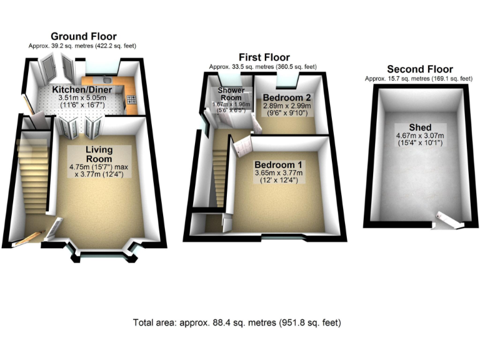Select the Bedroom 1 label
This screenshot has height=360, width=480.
click(x=278, y=165)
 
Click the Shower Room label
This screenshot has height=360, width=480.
click(x=231, y=94)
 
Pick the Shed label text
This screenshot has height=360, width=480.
click(x=419, y=127)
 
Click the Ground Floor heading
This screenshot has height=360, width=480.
click(x=83, y=36)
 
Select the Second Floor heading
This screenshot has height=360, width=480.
click(x=420, y=69)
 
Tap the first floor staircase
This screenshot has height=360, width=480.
click(x=219, y=169)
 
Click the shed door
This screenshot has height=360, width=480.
click(x=446, y=219)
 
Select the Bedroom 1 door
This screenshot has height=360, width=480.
click(x=240, y=149)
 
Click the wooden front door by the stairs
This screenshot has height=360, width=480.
click(x=28, y=238)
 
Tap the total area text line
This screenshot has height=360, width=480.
click(x=237, y=322)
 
